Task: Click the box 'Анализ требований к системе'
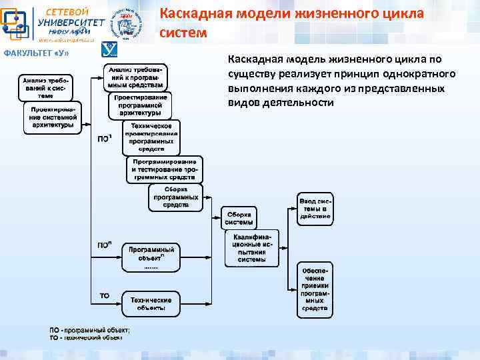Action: pyautogui.click(x=46, y=87)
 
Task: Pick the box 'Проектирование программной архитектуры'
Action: pyautogui.click(x=140, y=105)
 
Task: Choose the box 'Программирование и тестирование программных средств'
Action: pyautogui.click(x=164, y=170)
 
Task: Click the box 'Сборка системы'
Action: pyautogui.click(x=238, y=218)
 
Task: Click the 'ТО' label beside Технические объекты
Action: pyautogui.click(x=104, y=295)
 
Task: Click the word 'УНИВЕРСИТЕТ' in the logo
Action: pyautogui.click(x=71, y=22)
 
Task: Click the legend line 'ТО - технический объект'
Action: pyautogui.click(x=86, y=338)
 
